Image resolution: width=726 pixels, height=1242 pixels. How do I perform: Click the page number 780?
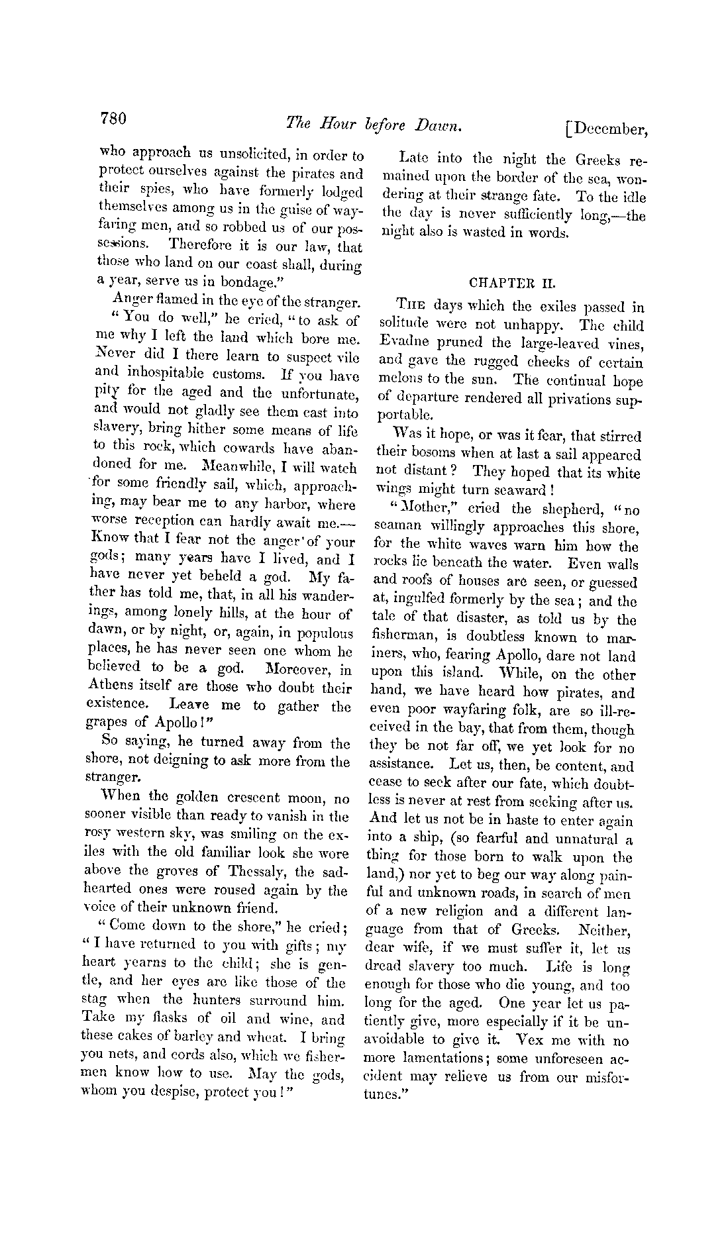113,119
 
